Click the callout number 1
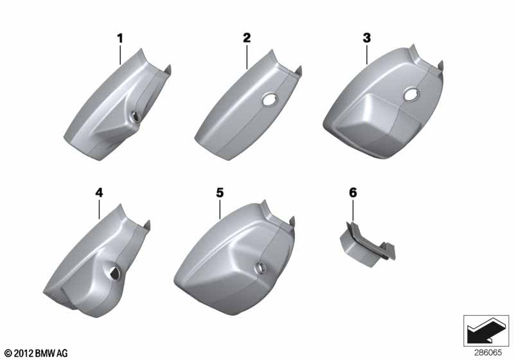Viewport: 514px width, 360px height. [x=120, y=39]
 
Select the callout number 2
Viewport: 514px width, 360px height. [x=247, y=38]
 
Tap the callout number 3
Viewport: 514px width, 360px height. [x=367, y=38]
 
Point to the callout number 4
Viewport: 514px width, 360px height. [x=99, y=192]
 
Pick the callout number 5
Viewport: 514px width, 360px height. [x=220, y=192]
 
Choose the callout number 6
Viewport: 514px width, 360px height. [x=353, y=192]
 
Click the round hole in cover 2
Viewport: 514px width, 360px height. [x=270, y=100]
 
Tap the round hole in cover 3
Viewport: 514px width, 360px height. [x=411, y=94]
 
